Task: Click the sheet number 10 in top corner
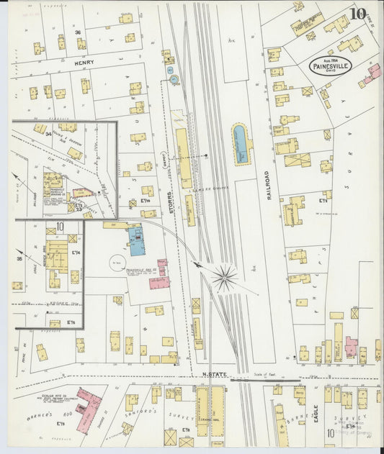coord(357,14)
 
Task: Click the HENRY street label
coord(84,63)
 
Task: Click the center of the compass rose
coord(224,278)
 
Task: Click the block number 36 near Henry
coord(77,33)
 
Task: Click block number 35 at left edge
coord(19,257)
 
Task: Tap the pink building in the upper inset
coord(83,193)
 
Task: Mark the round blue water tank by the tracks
coord(173,79)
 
